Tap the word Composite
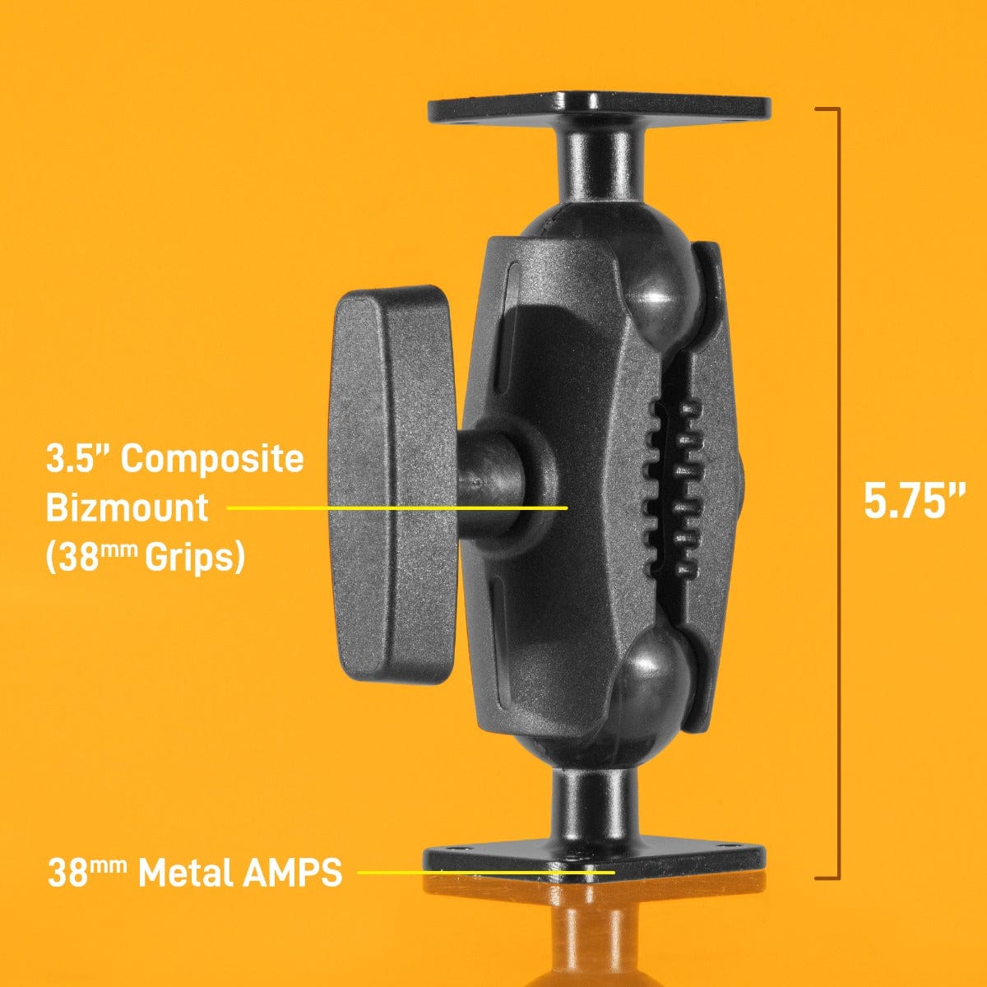212,459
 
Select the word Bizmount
127,507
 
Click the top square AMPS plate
599,109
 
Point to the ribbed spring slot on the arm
674,485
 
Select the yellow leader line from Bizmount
395,508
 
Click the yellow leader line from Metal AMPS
485,872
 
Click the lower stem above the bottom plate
592,802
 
